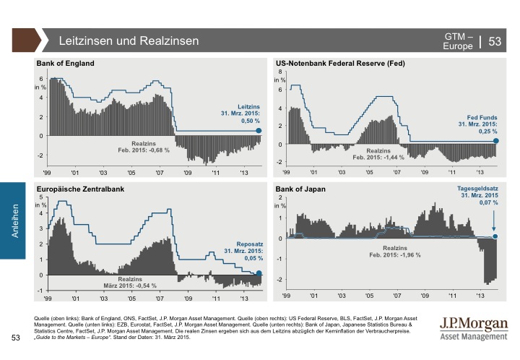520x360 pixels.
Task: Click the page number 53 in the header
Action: click(495, 42)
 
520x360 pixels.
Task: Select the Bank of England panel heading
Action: click(66, 64)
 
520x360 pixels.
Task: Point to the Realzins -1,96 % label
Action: click(394, 251)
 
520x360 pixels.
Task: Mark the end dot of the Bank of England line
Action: click(259, 131)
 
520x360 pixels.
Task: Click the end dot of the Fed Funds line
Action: click(495, 141)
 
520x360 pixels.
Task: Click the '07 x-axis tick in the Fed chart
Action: click(396, 173)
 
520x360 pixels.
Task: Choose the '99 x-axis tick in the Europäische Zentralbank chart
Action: click(48, 297)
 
